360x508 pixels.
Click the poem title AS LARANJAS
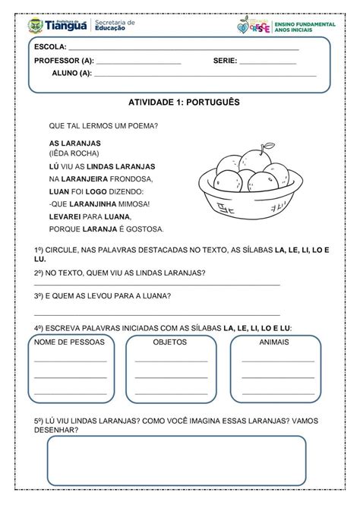pos(75,143)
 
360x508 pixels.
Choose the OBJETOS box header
pos(170,342)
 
